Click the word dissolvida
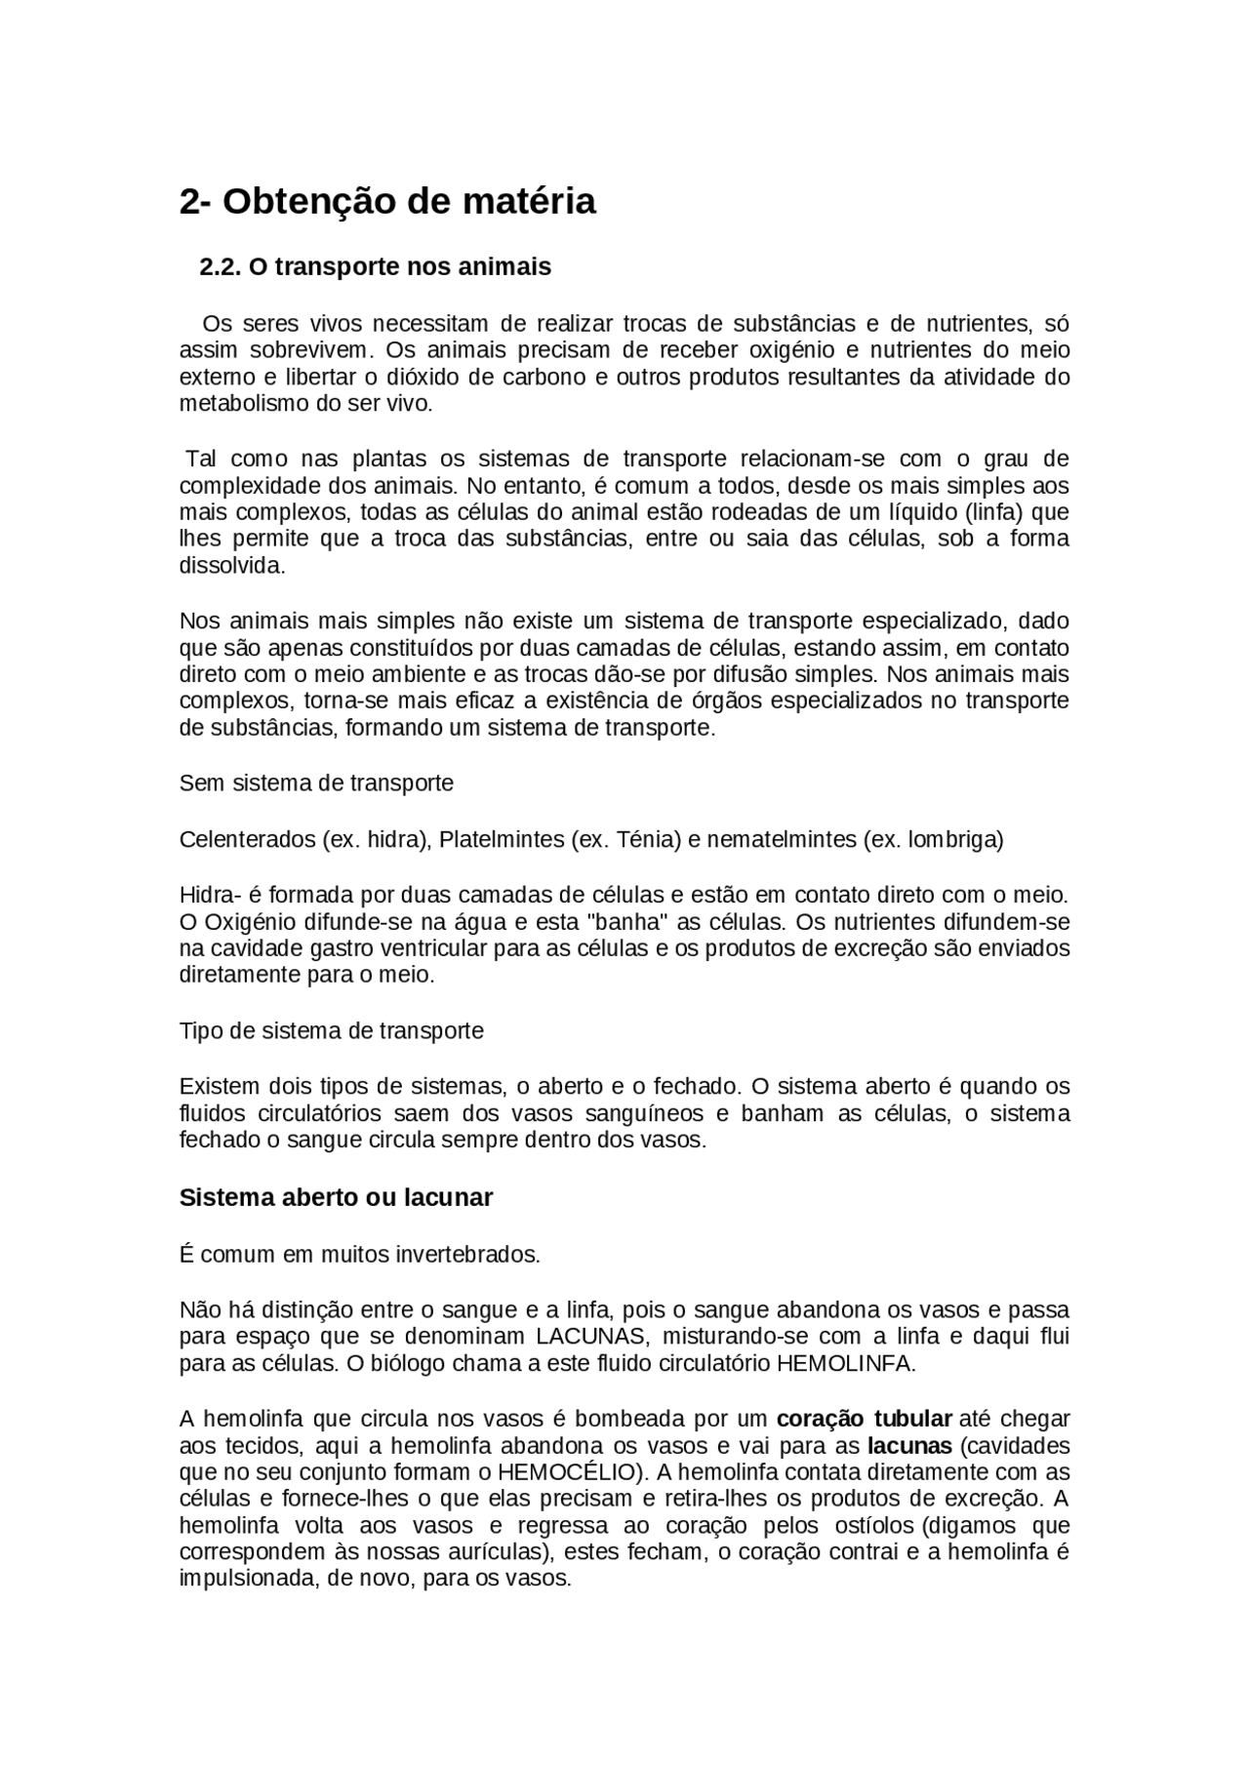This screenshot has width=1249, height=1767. pyautogui.click(x=232, y=566)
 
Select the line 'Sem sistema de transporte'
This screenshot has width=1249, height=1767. pyautogui.click(x=316, y=783)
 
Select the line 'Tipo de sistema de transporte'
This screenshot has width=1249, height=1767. pyautogui.click(x=331, y=1031)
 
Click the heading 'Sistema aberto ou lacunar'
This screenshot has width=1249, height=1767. pyautogui.click(x=336, y=1198)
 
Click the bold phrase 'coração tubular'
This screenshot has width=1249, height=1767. pyautogui.click(x=864, y=1419)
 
